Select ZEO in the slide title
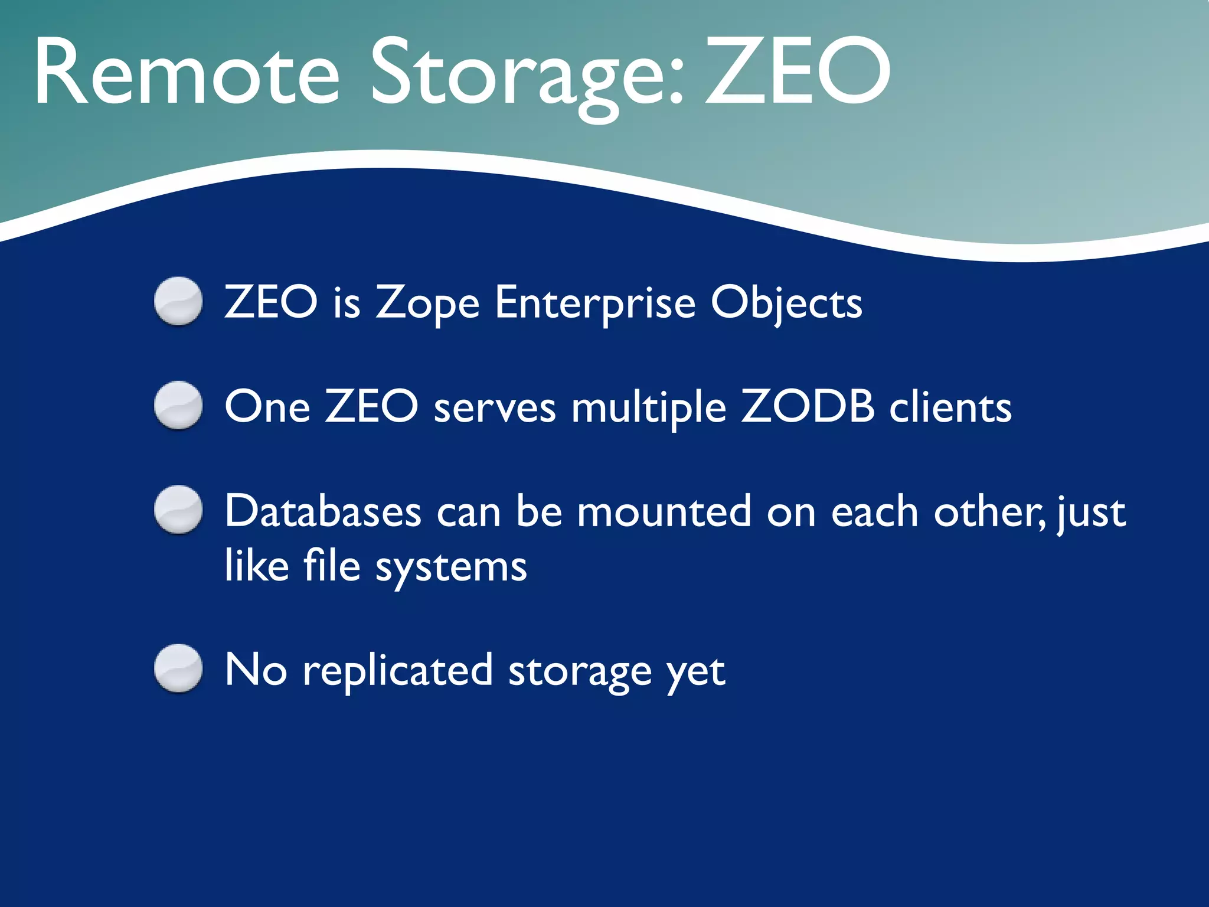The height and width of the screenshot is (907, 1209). pos(797,72)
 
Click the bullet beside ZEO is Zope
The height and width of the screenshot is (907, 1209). pos(178,301)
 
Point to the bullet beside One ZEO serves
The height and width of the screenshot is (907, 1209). pos(178,406)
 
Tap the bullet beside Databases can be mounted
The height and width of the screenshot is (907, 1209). pos(178,510)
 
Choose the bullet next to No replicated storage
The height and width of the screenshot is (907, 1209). pos(178,668)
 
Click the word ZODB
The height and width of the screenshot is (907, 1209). pos(807,407)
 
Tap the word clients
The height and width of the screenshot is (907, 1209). pos(950,407)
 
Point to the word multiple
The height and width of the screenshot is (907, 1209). pos(648,408)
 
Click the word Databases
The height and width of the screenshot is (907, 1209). pos(323,511)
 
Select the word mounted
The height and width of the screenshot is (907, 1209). pos(664,511)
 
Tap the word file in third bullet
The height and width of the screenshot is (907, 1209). pos(331,566)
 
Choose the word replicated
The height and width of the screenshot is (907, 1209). pos(397,671)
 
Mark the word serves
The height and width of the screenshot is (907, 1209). pos(495,408)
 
